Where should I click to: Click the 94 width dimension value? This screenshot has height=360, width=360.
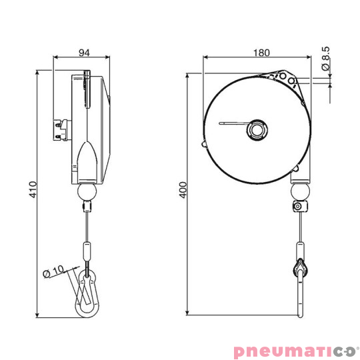click(83, 53)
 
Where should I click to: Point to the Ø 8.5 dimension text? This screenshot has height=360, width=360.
click(325, 58)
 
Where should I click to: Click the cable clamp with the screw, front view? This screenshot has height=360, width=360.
click(299, 207)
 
